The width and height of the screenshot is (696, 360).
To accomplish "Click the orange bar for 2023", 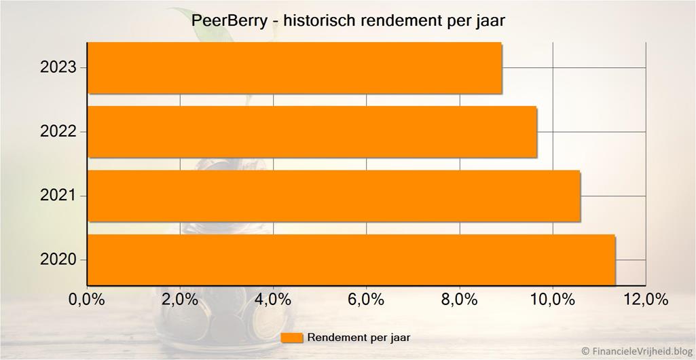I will click(x=295, y=67).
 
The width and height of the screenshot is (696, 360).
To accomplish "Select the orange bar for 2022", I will click(x=312, y=131).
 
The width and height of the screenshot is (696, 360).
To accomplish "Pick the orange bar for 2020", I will click(x=351, y=259).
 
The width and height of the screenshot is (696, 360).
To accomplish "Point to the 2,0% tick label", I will click(x=180, y=300).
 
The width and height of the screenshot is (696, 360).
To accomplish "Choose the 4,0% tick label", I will click(x=273, y=300).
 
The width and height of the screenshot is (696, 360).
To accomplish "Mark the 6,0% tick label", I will click(x=366, y=300).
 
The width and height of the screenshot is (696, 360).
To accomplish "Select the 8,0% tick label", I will click(x=460, y=300).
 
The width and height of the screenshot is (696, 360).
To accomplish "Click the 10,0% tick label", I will click(x=552, y=300).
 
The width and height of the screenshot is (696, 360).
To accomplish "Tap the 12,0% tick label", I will click(x=645, y=300).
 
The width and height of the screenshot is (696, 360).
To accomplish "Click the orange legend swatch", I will click(x=291, y=338).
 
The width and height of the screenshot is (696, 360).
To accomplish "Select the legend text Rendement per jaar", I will click(x=359, y=337).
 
